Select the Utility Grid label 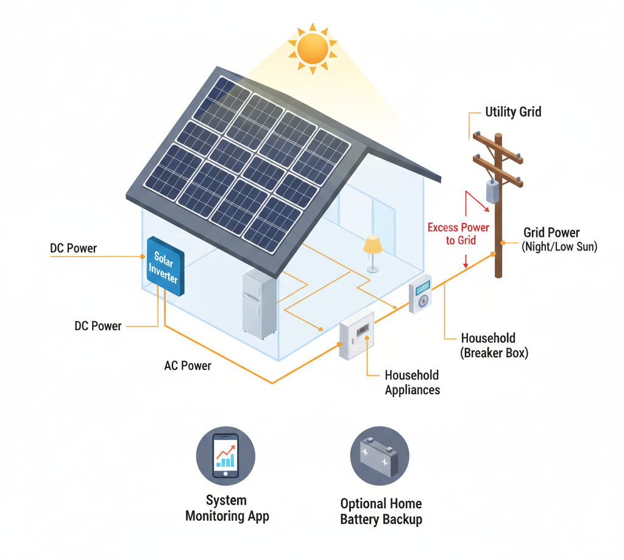coord(512,112)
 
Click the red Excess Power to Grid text coord(458,233)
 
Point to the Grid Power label coord(551,233)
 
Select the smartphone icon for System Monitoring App coord(225,455)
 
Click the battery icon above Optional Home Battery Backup coord(380,456)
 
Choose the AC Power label coord(188,366)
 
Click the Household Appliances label coord(412,382)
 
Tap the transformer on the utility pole coord(493,192)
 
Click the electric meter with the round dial coord(420,294)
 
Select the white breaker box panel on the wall coord(357,336)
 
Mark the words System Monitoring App coord(227,508)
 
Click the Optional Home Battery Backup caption coord(381,512)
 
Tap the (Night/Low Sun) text coord(559,247)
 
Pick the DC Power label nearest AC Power coord(98,326)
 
